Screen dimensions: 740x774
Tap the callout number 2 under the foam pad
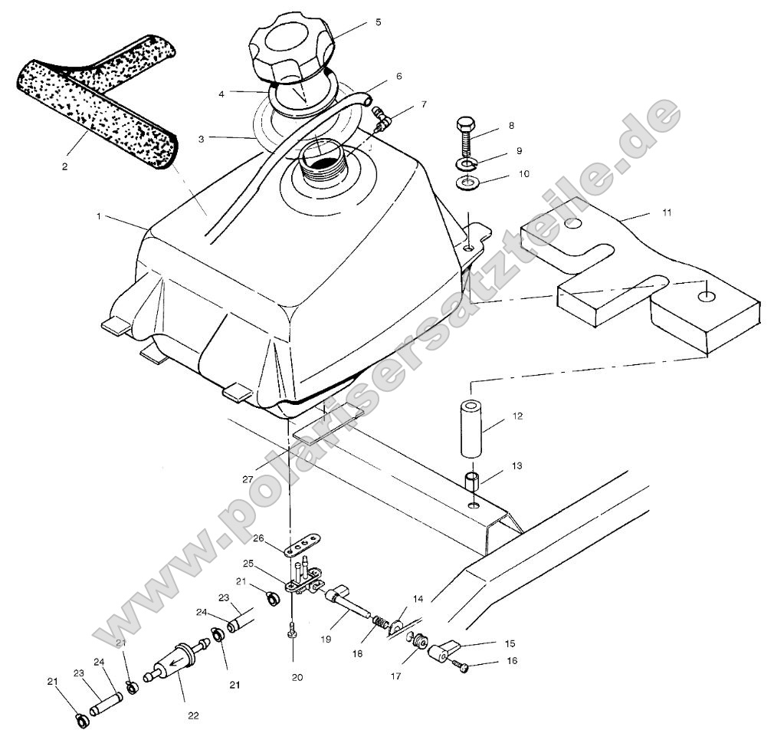point(65,166)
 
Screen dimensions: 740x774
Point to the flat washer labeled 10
point(466,184)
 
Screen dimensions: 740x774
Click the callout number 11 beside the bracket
point(666,212)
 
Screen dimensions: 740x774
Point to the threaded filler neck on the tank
point(322,161)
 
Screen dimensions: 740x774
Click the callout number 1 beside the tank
point(99,217)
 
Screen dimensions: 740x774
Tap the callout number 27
point(247,479)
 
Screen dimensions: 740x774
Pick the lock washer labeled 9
point(466,163)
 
